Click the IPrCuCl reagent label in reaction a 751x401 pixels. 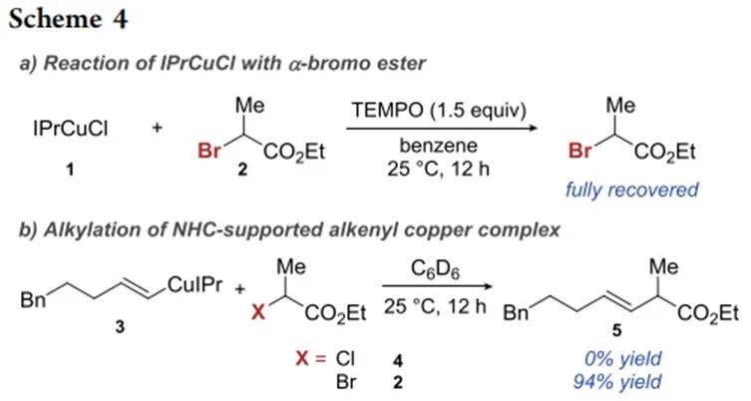[70, 130]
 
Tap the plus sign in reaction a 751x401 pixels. [158, 130]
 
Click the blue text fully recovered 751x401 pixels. [631, 190]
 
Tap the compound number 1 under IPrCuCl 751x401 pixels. [70, 170]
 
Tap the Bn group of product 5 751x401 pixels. [517, 313]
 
